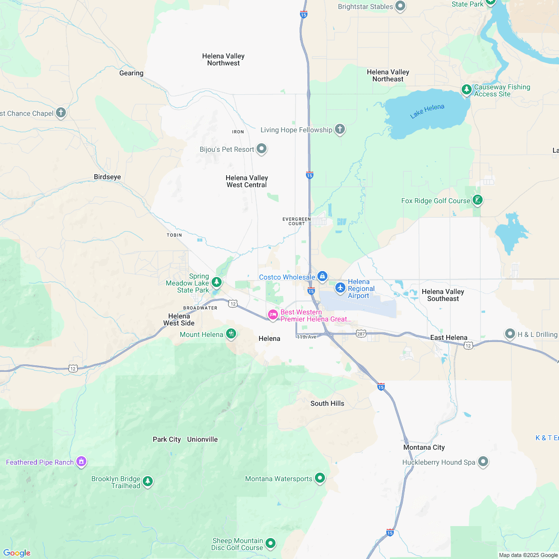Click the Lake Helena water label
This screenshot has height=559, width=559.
tap(427, 111)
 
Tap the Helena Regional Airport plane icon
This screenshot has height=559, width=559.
tap(340, 287)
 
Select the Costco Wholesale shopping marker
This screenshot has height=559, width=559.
tap(322, 276)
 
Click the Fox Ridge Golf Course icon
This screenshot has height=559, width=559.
tap(478, 200)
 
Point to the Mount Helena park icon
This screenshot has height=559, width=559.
tap(231, 334)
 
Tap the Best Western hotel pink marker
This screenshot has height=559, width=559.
tap(273, 314)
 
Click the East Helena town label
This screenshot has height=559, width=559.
tap(449, 338)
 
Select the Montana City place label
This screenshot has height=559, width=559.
tap(424, 448)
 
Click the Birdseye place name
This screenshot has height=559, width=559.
tap(107, 177)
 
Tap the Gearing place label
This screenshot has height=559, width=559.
tap(131, 73)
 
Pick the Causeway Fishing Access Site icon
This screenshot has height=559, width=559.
tap(466, 90)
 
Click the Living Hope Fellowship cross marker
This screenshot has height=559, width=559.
tap(339, 130)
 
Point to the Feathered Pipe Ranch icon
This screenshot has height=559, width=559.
tap(81, 462)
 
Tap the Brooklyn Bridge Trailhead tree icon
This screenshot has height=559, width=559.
tap(147, 482)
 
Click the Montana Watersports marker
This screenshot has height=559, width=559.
tap(320, 478)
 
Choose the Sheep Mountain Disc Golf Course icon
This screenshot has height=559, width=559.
tap(271, 543)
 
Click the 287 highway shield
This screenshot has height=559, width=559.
tap(361, 332)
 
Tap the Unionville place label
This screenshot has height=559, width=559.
tap(202, 440)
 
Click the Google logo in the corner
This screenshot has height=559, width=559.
tap(16, 553)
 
